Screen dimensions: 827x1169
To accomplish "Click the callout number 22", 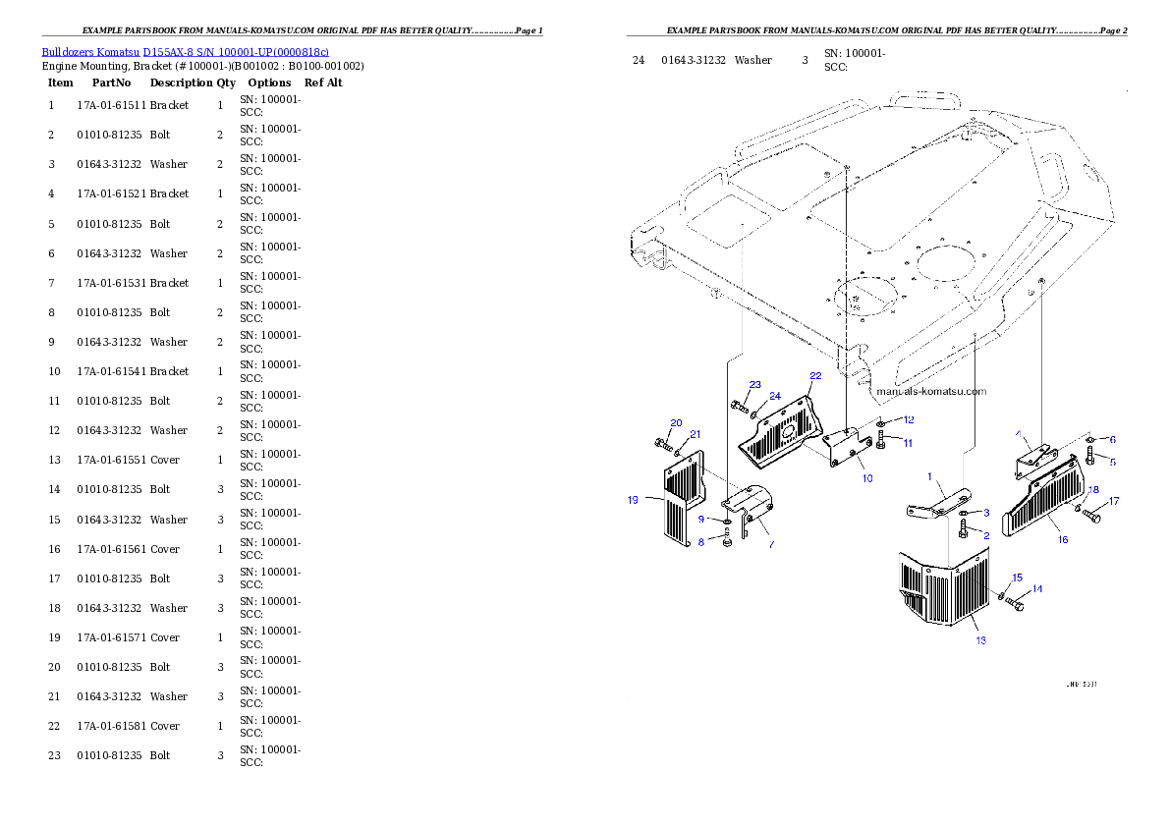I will click(x=815, y=375).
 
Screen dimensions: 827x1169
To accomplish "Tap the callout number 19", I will click(x=633, y=499).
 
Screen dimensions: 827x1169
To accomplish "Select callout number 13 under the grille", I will click(x=980, y=639).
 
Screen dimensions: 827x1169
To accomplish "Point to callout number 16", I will click(x=1062, y=539).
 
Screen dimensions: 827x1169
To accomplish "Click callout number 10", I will click(x=867, y=478).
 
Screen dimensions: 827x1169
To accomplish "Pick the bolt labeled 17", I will click(x=1091, y=516).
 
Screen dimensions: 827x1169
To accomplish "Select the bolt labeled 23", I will click(x=739, y=405).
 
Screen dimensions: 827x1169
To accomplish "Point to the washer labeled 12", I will click(x=882, y=424).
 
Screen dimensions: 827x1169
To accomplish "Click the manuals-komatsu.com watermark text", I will click(x=930, y=391).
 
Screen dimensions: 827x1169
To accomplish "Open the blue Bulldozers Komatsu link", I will click(x=185, y=51).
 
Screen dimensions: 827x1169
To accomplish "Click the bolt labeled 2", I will click(x=964, y=530).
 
